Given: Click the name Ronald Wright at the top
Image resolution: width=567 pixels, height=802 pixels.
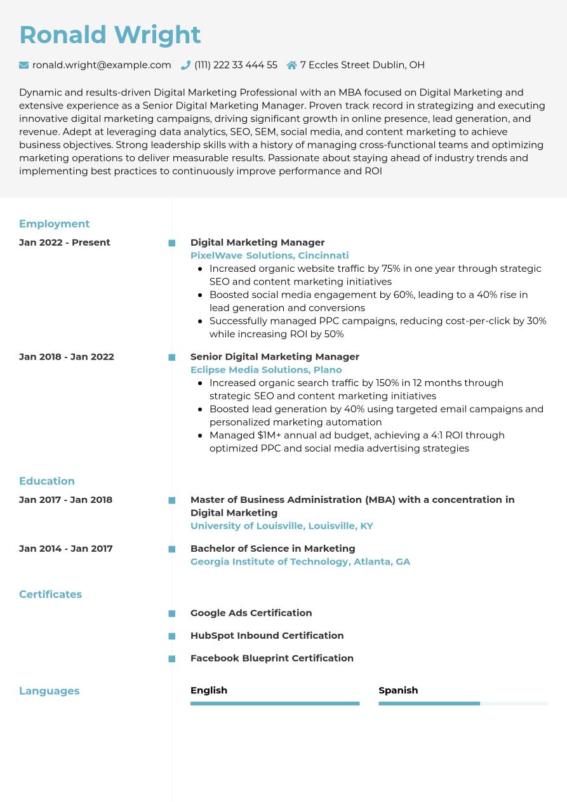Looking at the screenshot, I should click(x=110, y=35).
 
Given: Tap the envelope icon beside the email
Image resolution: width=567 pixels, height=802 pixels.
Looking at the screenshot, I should click(x=24, y=65).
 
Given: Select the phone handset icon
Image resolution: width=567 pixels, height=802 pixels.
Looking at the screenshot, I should click(x=185, y=65).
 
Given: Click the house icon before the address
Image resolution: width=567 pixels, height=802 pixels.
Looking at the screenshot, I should click(x=291, y=65).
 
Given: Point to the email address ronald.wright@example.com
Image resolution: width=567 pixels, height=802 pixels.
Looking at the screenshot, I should click(x=102, y=65).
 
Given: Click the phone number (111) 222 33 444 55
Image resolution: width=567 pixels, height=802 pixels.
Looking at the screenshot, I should click(x=236, y=65).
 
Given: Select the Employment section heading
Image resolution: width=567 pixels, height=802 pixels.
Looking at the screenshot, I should click(x=54, y=224).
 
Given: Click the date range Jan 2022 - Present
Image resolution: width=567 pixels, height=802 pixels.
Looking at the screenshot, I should click(x=65, y=242).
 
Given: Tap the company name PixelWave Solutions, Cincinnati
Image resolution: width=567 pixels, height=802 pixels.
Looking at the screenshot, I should click(x=269, y=255).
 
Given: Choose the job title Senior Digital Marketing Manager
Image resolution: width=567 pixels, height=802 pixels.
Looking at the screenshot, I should click(x=274, y=356).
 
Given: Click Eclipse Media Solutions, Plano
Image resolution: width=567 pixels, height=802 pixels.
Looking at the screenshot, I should click(x=266, y=370).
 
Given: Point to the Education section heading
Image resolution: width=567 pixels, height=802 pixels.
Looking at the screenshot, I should click(x=47, y=481).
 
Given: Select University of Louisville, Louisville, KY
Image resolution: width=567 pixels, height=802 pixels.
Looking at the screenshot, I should click(x=281, y=526).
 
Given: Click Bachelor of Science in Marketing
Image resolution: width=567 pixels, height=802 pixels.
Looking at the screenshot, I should click(x=272, y=548).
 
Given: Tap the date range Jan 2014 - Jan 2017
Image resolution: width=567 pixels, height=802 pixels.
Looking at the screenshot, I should click(x=66, y=548).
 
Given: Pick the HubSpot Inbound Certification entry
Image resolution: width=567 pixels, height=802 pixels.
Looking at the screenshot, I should click(x=267, y=635).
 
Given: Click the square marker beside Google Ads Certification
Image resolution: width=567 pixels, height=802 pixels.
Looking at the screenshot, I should click(x=171, y=613).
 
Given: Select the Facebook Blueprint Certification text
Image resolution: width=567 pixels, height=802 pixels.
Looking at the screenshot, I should click(x=272, y=658).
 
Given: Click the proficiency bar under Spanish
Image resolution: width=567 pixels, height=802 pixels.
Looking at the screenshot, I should click(x=463, y=704).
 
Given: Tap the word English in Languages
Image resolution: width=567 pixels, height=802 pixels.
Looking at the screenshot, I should click(x=209, y=690).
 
